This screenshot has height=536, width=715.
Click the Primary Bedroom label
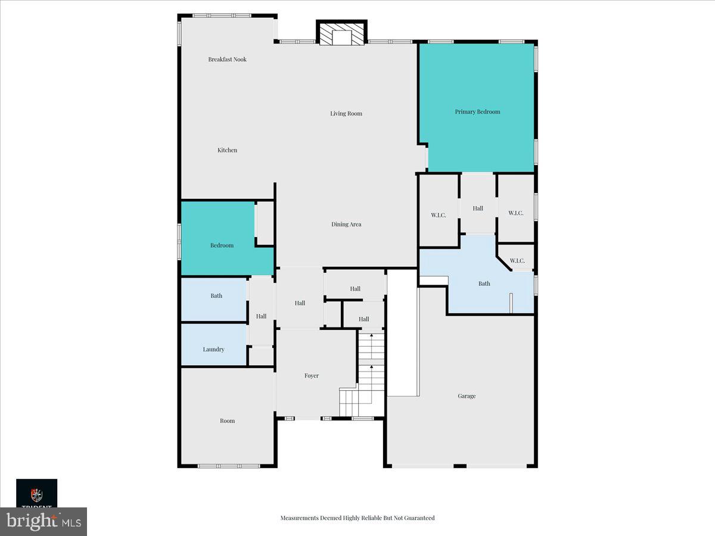pyautogui.click(x=477, y=112)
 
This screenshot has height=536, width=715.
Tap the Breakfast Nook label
pyautogui.click(x=227, y=60)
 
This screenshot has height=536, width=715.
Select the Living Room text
pyautogui.click(x=346, y=114)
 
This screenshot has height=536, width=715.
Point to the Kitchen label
pyautogui.click(x=227, y=151)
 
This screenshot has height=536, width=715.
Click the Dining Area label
pyautogui.click(x=346, y=225)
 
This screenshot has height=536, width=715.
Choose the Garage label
pyautogui.click(x=467, y=396)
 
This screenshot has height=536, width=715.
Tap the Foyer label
pyautogui.click(x=312, y=376)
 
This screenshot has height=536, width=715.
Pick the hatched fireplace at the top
pyautogui.click(x=341, y=34)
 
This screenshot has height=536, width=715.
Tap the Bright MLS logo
pyautogui.click(x=43, y=522)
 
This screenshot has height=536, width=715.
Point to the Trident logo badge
pyautogui.click(x=36, y=493)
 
